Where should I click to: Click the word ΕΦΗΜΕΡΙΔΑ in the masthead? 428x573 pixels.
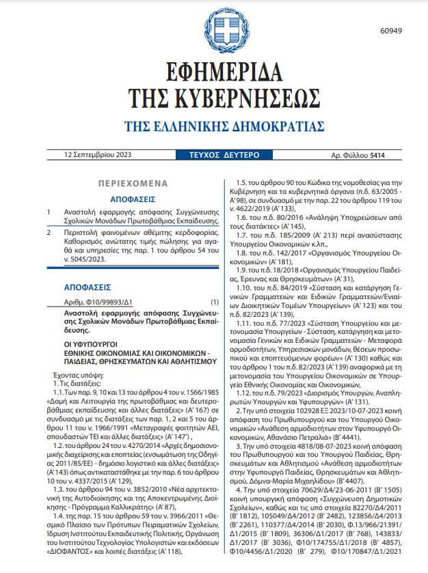[x=214, y=73]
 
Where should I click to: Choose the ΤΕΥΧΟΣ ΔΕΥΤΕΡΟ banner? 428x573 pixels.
[x=214, y=155]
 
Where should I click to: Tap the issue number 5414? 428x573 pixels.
[x=377, y=155]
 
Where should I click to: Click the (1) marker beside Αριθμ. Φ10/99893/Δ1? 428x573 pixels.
[x=215, y=301]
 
